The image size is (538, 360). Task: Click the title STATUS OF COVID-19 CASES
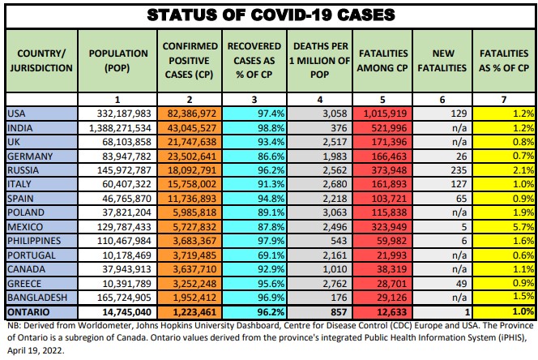(269, 14)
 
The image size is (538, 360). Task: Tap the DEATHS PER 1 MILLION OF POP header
(320, 59)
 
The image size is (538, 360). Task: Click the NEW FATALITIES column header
(442, 59)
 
